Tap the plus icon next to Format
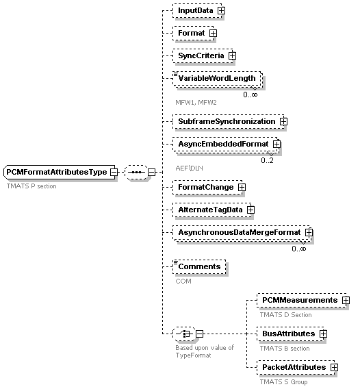(x=213, y=34)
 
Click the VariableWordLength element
(x=217, y=79)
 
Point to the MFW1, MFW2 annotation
(x=196, y=103)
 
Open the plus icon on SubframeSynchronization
(x=283, y=122)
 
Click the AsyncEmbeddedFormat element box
(x=226, y=145)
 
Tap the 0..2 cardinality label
(x=268, y=160)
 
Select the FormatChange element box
(x=207, y=187)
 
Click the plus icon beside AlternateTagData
(x=250, y=210)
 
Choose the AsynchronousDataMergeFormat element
(x=242, y=233)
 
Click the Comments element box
(x=199, y=266)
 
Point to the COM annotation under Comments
(x=183, y=281)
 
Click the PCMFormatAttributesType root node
(x=60, y=172)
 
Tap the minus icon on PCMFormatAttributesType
(x=114, y=172)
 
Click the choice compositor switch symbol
(x=184, y=334)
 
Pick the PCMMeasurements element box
(x=302, y=301)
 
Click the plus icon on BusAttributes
(x=323, y=334)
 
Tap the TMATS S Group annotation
(x=283, y=382)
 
